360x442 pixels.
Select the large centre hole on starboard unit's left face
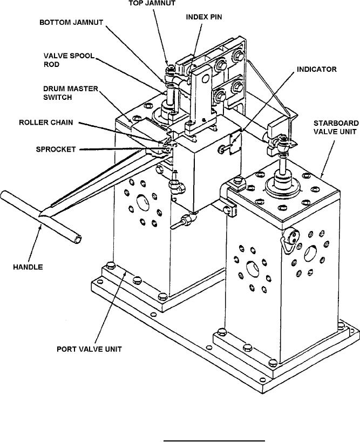(x=252, y=267)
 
